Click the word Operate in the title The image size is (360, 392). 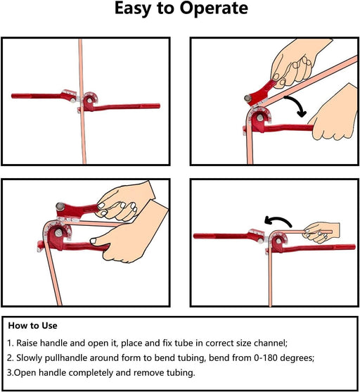[x=214, y=9]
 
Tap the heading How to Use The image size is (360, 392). [x=33, y=326]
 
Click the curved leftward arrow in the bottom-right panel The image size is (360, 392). [x=278, y=220]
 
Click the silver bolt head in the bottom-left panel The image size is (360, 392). [x=60, y=206]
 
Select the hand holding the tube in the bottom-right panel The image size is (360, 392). [x=321, y=232]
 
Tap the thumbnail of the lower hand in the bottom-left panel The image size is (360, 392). [x=94, y=241]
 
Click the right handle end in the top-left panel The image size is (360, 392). [x=158, y=106]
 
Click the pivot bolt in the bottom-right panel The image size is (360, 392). [x=278, y=241]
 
